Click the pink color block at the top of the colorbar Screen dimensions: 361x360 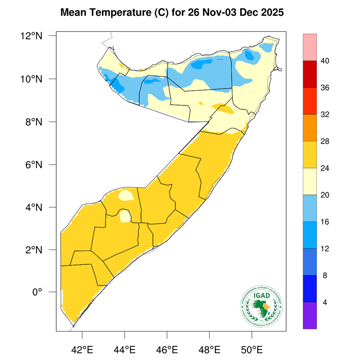[x=310, y=47]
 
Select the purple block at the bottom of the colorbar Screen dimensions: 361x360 [x=310, y=315]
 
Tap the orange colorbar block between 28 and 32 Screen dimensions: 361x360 [x=310, y=128]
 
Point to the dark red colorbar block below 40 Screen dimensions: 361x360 [x=310, y=74]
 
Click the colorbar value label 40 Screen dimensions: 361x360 [x=325, y=61]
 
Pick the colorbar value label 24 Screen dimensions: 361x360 [x=325, y=168]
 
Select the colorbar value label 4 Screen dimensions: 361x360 [x=325, y=302]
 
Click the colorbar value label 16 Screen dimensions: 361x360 [x=325, y=222]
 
